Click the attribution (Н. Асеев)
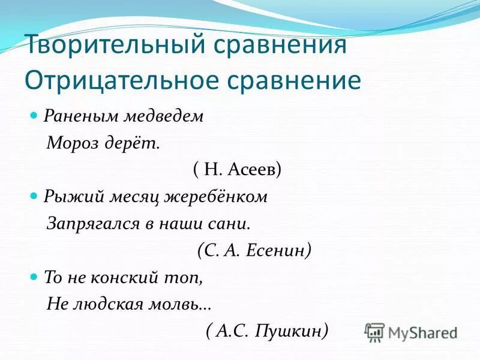tap(237, 170)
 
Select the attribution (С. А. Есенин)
tap(254, 250)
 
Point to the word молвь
tap(179, 304)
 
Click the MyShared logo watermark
tap(411, 332)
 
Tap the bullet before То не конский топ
tap(34, 277)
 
